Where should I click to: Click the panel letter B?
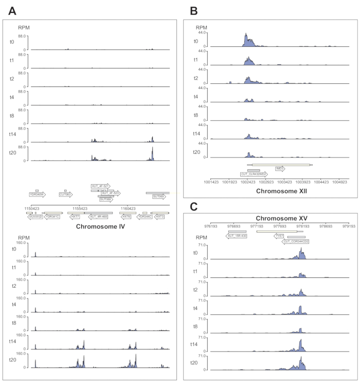(194, 9)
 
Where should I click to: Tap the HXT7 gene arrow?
(75, 217)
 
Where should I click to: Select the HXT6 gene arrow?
(126, 217)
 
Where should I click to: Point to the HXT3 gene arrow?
(159, 217)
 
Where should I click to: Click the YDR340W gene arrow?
(37, 195)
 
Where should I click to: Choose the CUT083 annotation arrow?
(65, 195)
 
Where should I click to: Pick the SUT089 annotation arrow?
(158, 196)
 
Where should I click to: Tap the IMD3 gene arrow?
(280, 168)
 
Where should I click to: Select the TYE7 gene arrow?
(280, 236)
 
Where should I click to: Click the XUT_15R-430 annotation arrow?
(237, 236)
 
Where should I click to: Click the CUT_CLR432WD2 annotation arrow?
(254, 174)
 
